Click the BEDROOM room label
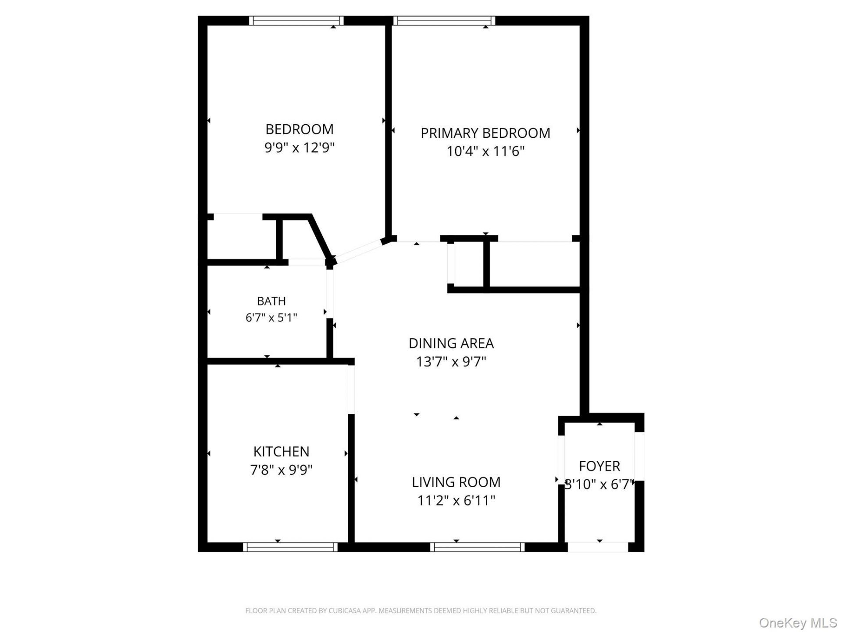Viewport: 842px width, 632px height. coord(300,129)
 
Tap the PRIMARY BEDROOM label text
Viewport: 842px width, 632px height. coord(485,133)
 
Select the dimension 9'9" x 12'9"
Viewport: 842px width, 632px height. coord(300,147)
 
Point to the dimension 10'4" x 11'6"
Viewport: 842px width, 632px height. coord(485,151)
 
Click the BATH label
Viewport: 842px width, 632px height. coord(271,301)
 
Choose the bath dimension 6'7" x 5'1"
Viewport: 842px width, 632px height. coord(271,317)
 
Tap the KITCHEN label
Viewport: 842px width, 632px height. coord(281,452)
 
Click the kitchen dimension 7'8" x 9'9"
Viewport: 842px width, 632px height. coord(281,470)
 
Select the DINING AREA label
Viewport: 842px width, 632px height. coord(451,343)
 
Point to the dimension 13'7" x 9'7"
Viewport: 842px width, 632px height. coord(451,362)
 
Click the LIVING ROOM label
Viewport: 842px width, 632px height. coord(456,482)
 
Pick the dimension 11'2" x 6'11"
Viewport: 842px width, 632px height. coord(456,501)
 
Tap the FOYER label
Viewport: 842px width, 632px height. coord(599,466)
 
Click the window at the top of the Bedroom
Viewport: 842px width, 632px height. coord(296,21)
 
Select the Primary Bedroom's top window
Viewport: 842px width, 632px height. coord(444,21)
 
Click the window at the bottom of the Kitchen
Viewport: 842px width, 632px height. coord(290,547)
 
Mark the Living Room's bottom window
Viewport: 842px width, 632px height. coord(477,547)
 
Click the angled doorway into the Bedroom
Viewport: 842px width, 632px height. coord(357,251)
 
